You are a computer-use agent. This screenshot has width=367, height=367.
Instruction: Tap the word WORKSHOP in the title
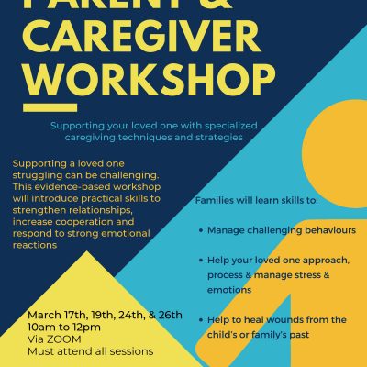[150, 80]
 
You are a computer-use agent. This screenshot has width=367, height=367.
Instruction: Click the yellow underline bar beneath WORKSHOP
[50, 107]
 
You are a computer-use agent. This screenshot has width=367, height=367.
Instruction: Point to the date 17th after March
[75, 315]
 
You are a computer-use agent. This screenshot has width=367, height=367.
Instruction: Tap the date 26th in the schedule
[171, 315]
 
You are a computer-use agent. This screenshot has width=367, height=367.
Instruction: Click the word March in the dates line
[44, 315]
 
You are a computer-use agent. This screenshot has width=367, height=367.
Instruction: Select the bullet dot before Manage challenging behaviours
[201, 230]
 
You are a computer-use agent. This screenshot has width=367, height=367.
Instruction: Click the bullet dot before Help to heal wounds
[201, 320]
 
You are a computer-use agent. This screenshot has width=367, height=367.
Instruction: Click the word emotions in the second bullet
[229, 290]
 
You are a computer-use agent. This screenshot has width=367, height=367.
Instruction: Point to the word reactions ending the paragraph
[35, 245]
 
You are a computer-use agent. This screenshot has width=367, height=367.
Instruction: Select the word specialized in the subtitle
[231, 126]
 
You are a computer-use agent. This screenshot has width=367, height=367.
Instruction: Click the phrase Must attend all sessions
[91, 351]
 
